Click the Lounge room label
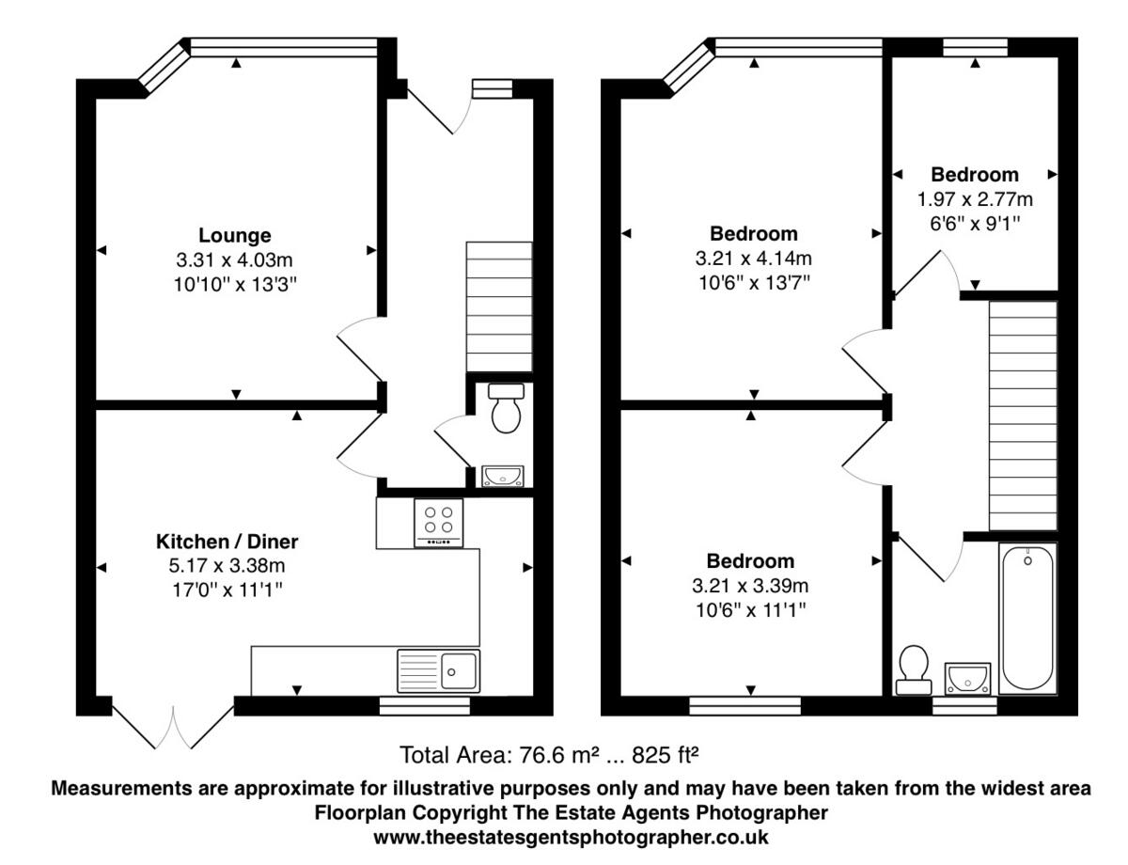pyautogui.click(x=234, y=235)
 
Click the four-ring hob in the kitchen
pyautogui.click(x=439, y=520)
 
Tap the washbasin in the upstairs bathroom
pyautogui.click(x=965, y=676)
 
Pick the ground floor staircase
pyautogui.click(x=499, y=307)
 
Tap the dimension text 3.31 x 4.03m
pyautogui.click(x=234, y=259)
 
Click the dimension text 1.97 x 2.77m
pyautogui.click(x=975, y=199)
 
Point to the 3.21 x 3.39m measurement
pyautogui.click(x=750, y=586)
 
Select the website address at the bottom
pyautogui.click(x=572, y=836)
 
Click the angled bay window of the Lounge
pyautogui.click(x=164, y=67)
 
